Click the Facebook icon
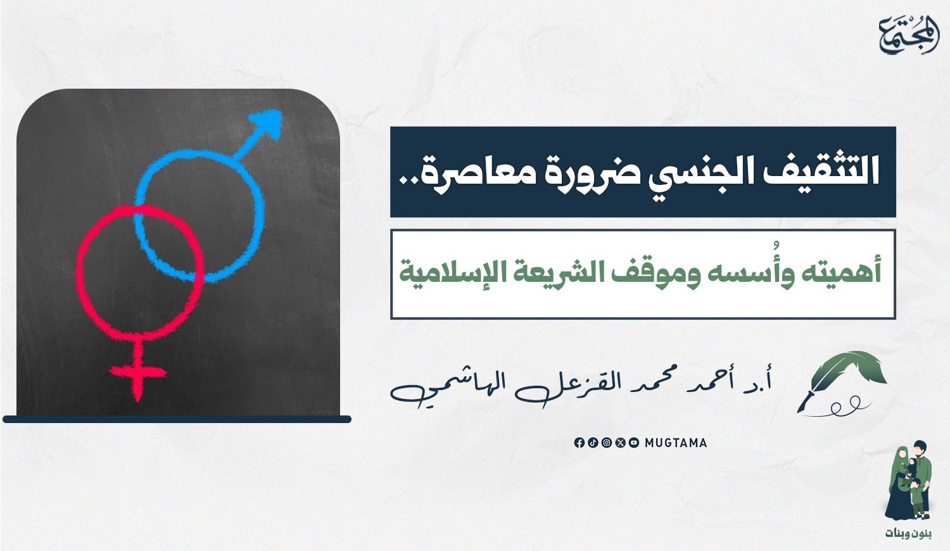(579, 443)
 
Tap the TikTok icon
(593, 443)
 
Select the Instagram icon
(607, 443)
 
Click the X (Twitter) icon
(621, 443)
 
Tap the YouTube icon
(634, 443)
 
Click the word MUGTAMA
(676, 443)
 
